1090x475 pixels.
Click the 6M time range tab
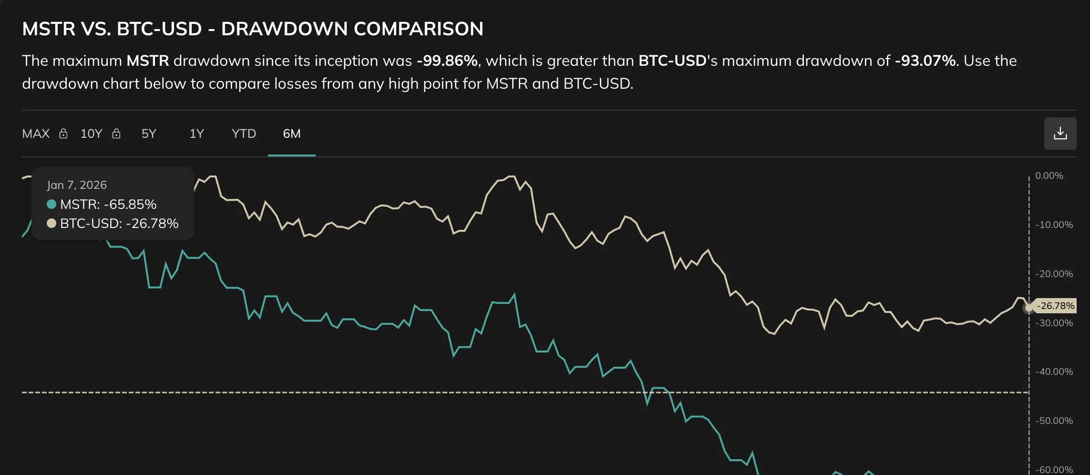(291, 134)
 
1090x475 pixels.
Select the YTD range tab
(244, 134)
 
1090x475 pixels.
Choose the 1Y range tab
(196, 134)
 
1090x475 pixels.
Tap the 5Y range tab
(149, 134)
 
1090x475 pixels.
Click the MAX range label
(36, 134)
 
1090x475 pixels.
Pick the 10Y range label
(91, 134)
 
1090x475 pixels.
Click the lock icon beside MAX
(63, 134)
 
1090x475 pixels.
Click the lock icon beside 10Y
(116, 134)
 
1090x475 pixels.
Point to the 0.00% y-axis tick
(1049, 176)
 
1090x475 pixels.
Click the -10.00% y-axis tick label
(1054, 225)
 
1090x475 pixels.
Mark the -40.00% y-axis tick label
(1054, 372)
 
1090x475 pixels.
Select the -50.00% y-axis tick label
(1054, 421)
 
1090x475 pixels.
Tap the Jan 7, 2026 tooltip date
(77, 185)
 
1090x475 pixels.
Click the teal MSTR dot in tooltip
(51, 204)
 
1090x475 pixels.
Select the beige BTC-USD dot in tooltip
(51, 223)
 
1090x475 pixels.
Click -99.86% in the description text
(447, 61)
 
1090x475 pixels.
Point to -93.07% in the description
(925, 61)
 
